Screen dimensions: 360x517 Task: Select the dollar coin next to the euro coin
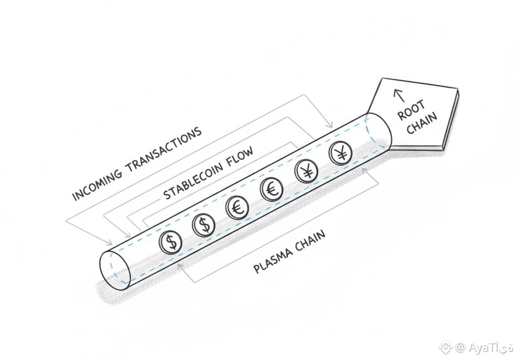pos(204,225)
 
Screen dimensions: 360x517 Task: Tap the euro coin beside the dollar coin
pos(236,208)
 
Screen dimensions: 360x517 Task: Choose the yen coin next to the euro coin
pos(306,172)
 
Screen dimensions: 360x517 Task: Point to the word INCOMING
pos(98,181)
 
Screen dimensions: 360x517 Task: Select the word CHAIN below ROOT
pos(421,123)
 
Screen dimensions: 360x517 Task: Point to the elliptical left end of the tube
pos(116,267)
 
